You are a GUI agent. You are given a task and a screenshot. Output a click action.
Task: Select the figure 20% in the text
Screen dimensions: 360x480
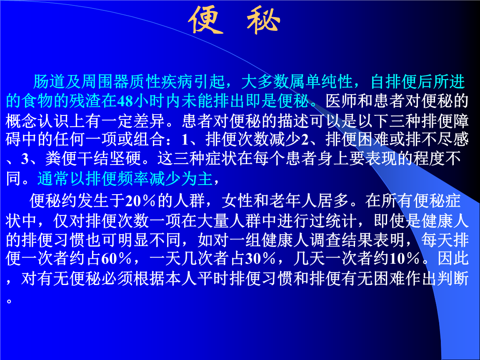point(140,201)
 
